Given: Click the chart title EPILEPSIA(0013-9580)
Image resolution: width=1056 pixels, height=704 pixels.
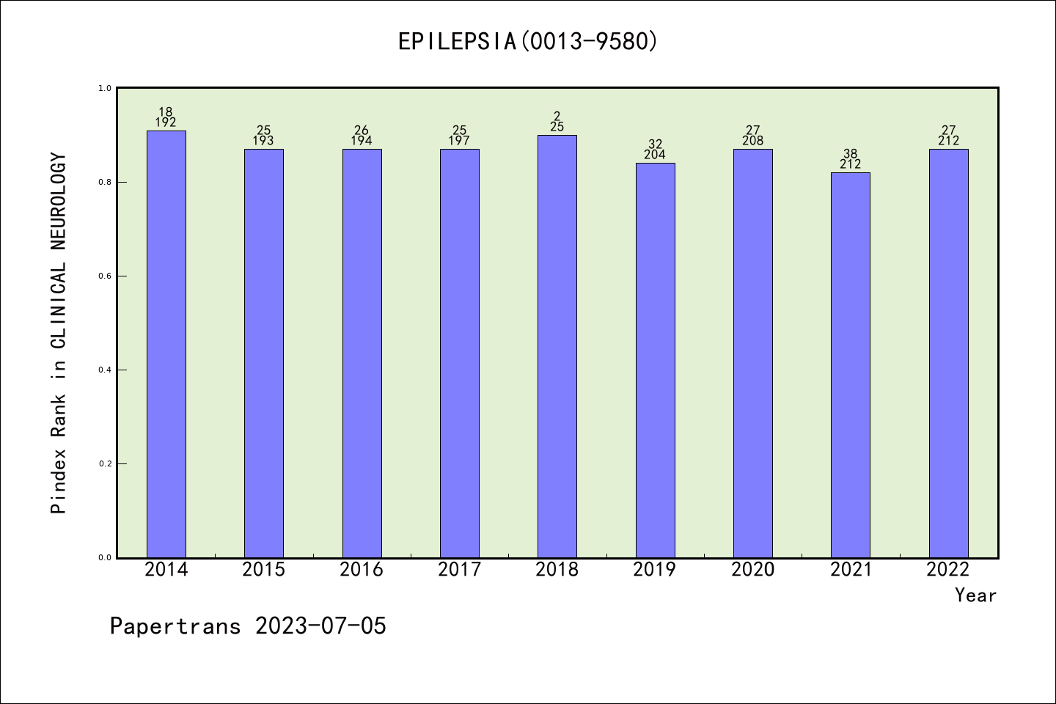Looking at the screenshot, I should click(528, 41).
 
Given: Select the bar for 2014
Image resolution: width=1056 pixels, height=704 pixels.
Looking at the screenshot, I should click(166, 344).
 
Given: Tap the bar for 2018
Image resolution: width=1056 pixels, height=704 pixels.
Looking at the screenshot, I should click(557, 346).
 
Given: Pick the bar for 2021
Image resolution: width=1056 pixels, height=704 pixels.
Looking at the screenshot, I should click(851, 364).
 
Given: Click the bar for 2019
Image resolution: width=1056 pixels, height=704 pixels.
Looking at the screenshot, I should click(655, 360).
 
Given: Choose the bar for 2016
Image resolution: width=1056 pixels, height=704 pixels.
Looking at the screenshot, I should click(362, 353).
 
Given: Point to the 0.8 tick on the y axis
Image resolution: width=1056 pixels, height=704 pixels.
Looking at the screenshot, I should click(105, 182).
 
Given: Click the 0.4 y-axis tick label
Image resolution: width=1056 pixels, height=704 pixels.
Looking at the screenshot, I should click(105, 370).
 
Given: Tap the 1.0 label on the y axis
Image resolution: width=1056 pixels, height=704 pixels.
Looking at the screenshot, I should click(105, 88).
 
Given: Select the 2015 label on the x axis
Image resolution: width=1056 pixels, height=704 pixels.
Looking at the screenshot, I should click(264, 570).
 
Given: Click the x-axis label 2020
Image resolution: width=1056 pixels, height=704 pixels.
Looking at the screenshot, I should click(753, 570).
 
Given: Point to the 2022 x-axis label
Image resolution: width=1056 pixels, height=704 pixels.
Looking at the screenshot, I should click(948, 570).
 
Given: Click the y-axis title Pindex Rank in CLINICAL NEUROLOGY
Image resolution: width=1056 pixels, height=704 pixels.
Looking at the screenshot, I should click(59, 333).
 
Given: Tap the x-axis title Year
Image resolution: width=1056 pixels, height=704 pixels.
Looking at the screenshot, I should click(975, 595).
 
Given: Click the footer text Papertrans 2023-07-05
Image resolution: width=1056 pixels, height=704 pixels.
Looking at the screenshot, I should click(248, 626).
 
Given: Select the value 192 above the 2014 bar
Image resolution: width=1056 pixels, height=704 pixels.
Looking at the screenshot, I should click(166, 122).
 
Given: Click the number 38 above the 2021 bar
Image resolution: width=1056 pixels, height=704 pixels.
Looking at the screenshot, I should click(851, 154).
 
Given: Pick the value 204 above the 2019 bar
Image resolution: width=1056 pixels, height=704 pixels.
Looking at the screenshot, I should click(655, 155).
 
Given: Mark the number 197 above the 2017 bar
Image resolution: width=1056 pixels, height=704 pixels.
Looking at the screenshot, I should click(460, 141).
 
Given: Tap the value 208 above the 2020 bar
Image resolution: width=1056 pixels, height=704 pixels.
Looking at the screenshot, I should click(753, 141).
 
